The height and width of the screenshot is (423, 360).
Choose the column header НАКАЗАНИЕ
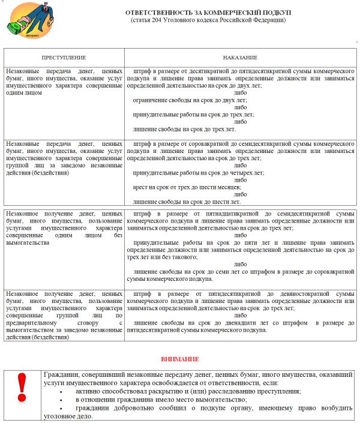(240, 58)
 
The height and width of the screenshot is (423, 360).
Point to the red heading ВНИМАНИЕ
(179, 359)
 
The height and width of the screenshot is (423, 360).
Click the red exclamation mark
(22, 388)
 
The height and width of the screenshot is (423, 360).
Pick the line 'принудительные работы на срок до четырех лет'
(199, 172)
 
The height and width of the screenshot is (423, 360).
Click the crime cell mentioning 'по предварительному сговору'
(64, 319)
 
